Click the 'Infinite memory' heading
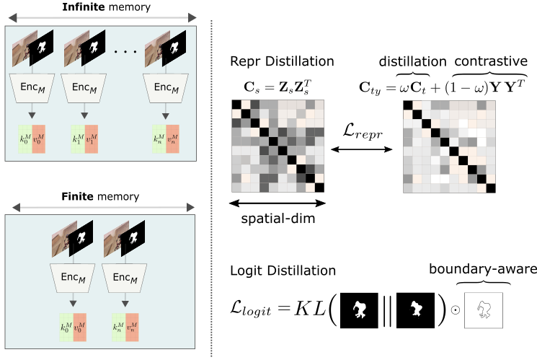pos(100,8)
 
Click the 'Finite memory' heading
pos(100,196)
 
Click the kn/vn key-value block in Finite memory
pos(129,326)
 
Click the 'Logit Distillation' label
pos(278,271)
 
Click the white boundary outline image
pos(484,312)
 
